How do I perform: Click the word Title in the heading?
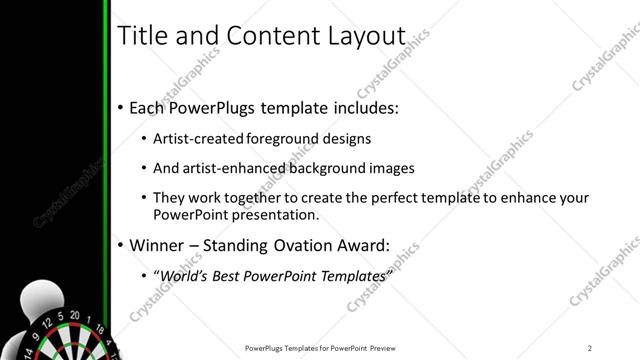(142, 36)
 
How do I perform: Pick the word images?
(390, 168)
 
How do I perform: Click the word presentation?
(270, 214)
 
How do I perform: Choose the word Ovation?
(311, 245)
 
